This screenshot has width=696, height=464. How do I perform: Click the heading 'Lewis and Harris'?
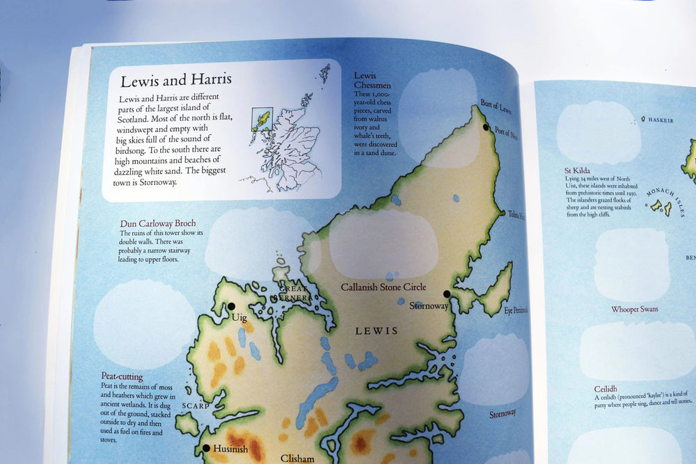point(176,80)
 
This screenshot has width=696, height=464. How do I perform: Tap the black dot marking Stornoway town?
point(446,294)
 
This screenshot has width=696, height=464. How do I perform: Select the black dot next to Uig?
point(231,306)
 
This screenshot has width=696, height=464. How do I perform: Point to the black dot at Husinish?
point(206,449)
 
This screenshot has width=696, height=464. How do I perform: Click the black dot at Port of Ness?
point(486,127)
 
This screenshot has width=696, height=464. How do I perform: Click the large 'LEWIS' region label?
point(377,331)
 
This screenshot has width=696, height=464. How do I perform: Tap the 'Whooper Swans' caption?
point(635,309)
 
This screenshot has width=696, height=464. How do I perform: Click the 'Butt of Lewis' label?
point(496,107)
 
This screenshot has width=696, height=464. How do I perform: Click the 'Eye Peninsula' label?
point(515,310)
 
